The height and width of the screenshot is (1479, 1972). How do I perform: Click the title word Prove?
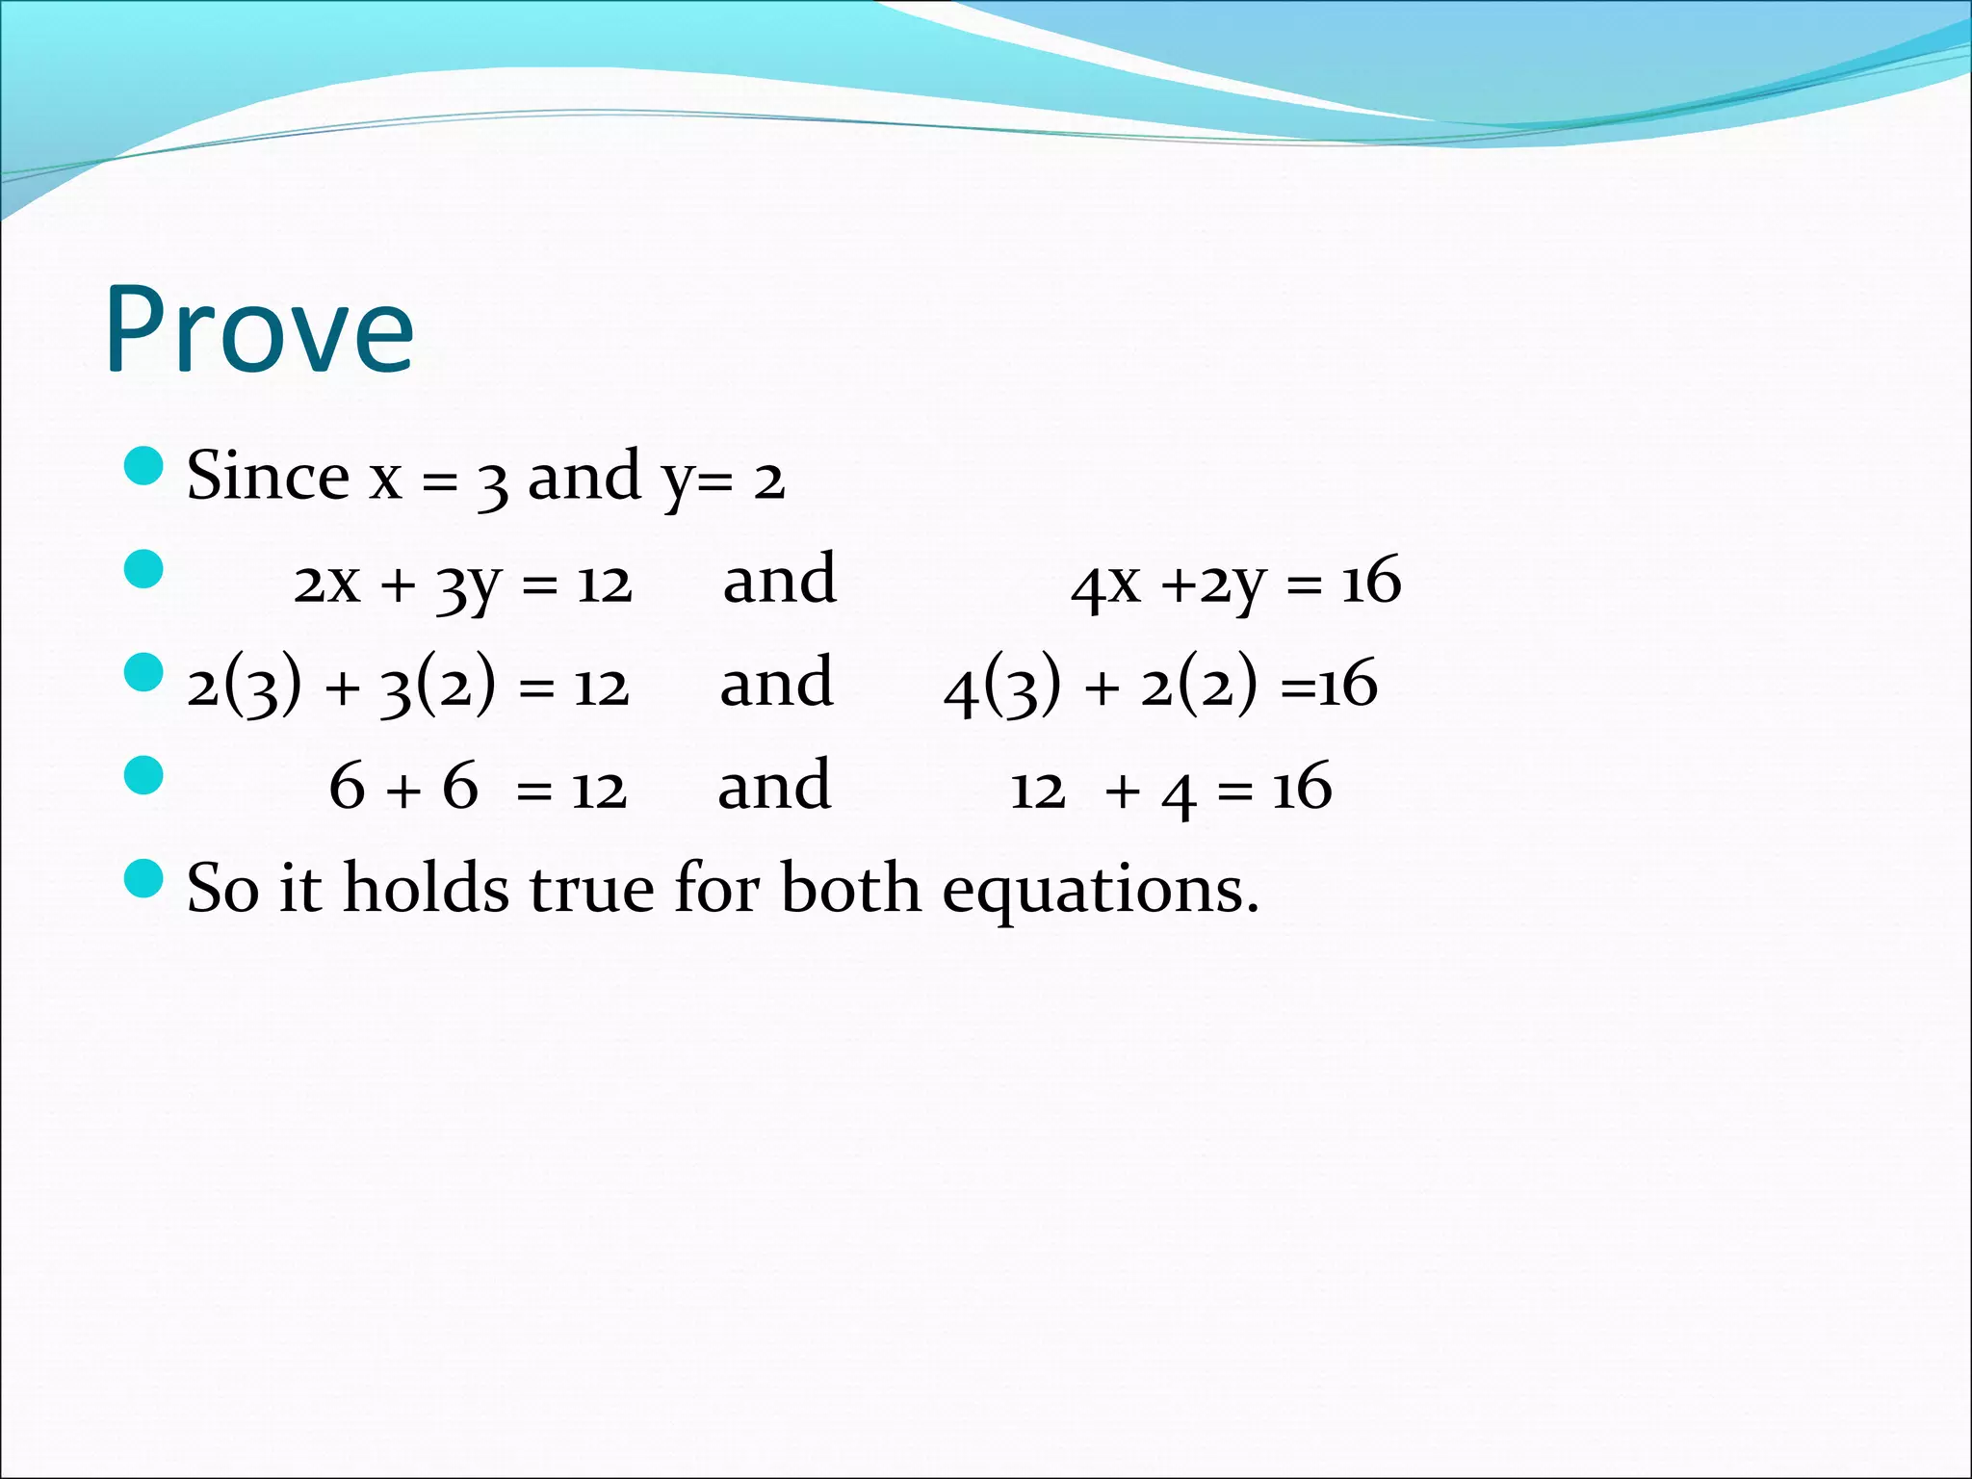259,329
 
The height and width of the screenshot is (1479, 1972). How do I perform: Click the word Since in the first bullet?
267,476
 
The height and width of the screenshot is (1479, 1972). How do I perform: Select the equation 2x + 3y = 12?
462,584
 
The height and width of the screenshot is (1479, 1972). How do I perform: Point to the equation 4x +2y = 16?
1235,584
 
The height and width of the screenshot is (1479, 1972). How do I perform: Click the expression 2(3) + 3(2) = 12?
407,686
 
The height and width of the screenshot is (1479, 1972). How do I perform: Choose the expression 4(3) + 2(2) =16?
1160,686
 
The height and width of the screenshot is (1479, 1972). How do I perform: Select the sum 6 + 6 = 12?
478,789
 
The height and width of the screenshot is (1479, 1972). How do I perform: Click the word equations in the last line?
1101,890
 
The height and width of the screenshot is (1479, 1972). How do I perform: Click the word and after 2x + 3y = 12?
780,581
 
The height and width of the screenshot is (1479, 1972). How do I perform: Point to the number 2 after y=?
768,480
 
